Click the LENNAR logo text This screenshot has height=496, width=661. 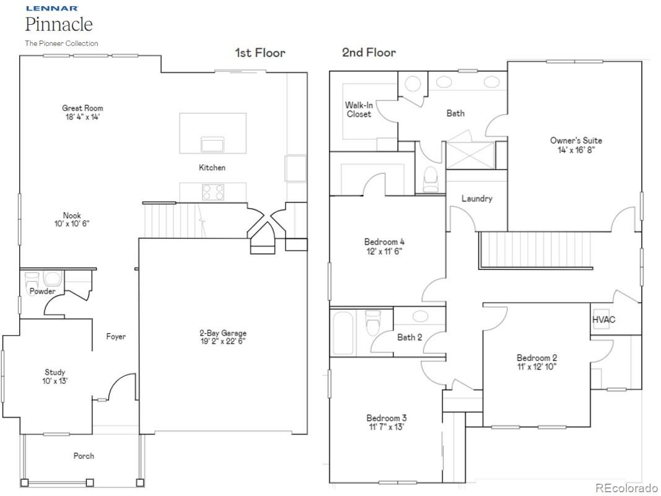51,9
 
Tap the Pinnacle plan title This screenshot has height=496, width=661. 59,25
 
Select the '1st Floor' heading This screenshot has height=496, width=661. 260,53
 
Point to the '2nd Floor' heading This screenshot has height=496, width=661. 369,53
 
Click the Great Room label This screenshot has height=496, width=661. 82,108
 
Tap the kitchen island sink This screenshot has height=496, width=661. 212,145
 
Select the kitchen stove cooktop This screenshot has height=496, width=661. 212,193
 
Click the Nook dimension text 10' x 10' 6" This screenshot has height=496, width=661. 72,224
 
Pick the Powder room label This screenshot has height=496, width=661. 42,291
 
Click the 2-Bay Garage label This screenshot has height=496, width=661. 222,333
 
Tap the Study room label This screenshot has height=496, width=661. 55,372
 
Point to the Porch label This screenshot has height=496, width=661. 84,456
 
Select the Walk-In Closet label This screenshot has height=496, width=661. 359,110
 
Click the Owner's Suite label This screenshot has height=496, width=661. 576,141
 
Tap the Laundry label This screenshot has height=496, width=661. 476,198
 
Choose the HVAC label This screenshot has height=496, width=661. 603,320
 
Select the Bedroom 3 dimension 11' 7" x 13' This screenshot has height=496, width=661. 386,427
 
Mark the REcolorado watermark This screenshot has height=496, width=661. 627,487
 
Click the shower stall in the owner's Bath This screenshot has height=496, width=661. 470,154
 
